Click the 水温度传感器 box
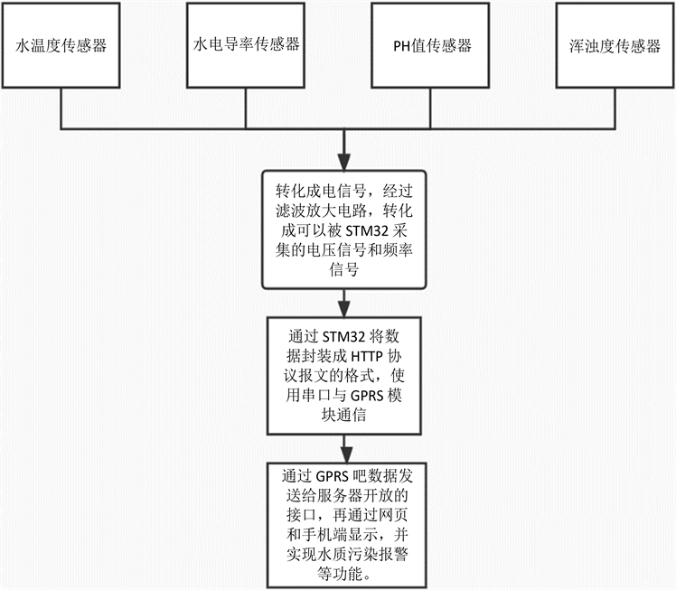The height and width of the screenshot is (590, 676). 61,45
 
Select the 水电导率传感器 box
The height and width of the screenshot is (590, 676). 247,45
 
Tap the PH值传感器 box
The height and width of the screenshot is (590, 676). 431,45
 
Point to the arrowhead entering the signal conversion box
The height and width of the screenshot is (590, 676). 343,162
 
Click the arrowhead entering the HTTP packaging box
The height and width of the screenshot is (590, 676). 343,304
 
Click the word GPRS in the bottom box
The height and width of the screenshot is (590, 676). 333,475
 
